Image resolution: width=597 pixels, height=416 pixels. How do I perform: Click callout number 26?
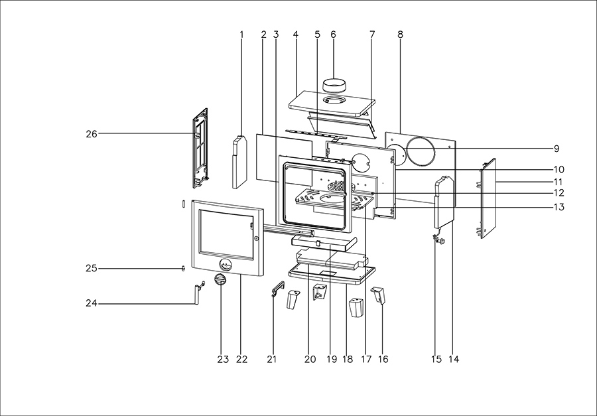point(91,134)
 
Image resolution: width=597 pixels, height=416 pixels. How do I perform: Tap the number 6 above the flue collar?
point(333,34)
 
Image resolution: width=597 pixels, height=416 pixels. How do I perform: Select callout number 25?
point(91,269)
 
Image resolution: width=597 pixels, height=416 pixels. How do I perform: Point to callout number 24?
point(91,304)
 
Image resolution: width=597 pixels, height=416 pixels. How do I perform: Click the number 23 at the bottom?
point(222,360)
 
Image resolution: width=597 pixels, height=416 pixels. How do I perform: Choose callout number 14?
point(454,360)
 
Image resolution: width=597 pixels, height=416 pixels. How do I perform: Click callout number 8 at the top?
point(401,34)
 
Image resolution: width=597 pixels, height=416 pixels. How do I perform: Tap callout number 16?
point(383,360)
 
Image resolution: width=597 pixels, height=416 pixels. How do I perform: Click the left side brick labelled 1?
point(239,161)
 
